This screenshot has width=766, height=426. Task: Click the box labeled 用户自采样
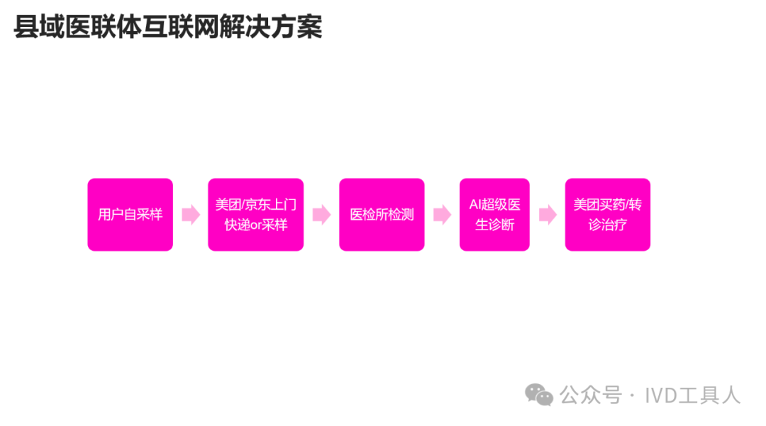click(130, 214)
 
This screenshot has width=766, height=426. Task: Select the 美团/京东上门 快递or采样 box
click(255, 214)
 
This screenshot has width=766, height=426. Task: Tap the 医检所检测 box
click(382, 214)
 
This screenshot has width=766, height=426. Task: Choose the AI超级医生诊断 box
click(494, 214)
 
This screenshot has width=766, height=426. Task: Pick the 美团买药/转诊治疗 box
click(607, 214)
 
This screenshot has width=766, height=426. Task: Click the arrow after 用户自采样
click(191, 215)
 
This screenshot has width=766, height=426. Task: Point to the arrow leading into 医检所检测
click(321, 215)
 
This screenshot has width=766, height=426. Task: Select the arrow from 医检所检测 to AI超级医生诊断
click(442, 215)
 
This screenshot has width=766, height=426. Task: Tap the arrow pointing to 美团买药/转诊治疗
click(548, 215)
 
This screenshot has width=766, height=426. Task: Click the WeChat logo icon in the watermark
click(539, 395)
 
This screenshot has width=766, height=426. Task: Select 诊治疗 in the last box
click(608, 225)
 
